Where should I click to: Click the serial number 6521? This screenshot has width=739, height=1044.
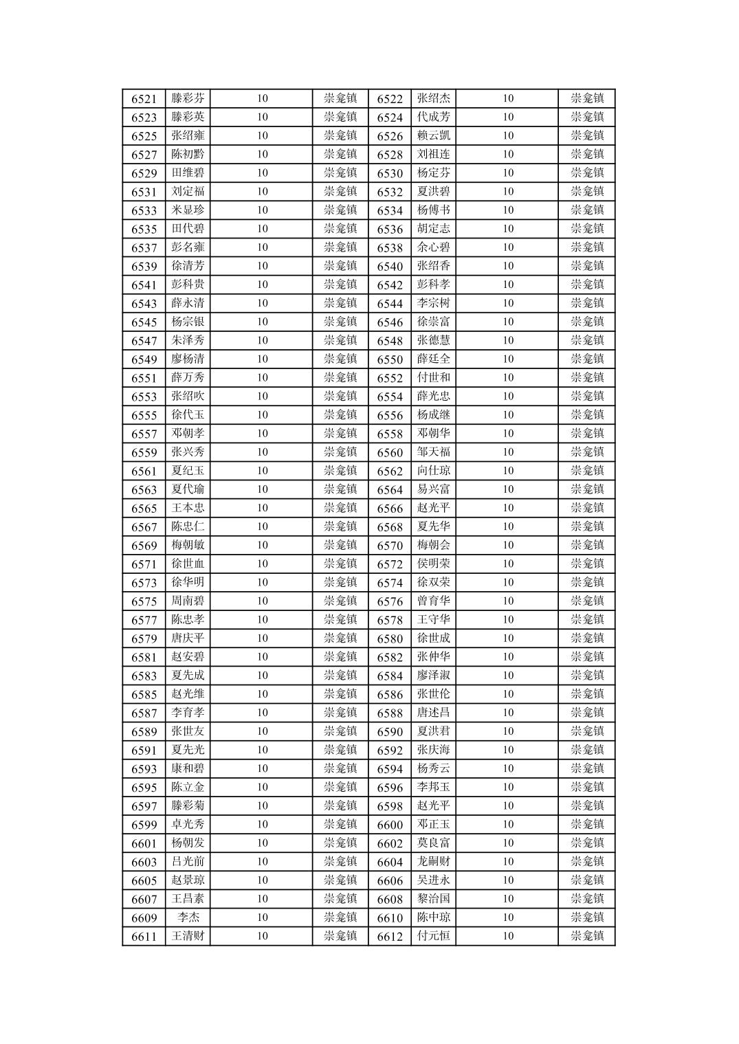point(144,99)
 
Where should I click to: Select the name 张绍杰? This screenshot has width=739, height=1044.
point(434,99)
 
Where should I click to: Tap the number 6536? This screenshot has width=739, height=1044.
point(390,229)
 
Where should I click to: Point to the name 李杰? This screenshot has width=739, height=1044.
point(188,918)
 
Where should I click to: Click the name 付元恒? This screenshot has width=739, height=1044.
point(434,936)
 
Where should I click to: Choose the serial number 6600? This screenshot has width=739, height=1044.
point(390,825)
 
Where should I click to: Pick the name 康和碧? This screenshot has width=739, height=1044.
point(188,768)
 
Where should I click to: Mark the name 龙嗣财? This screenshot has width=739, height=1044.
point(434,862)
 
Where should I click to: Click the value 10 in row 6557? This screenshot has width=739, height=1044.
point(262,434)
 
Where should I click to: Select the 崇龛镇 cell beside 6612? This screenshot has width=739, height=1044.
point(587,936)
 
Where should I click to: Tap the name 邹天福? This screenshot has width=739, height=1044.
point(434,452)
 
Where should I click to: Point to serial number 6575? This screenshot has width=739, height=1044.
point(144,601)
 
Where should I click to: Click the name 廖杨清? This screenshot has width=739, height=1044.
point(188,359)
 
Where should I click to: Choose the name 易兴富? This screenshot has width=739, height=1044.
point(434,489)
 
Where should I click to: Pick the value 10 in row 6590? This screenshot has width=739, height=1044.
point(507,731)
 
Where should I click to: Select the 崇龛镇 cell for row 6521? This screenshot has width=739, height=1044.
point(340,99)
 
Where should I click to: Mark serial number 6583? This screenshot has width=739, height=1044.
point(144,676)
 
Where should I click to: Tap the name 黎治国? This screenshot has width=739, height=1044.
point(434,899)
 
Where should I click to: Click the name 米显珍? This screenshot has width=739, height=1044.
point(188,210)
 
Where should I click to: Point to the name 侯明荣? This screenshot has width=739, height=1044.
point(434,564)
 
